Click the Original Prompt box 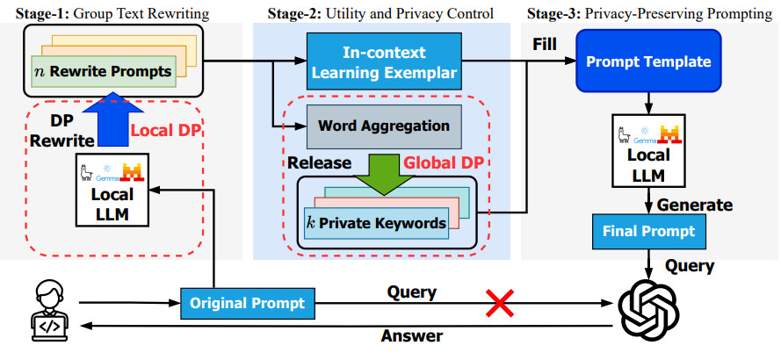point(249,304)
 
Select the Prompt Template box point(648,62)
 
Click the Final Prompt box point(647,232)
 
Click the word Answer point(412,335)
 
